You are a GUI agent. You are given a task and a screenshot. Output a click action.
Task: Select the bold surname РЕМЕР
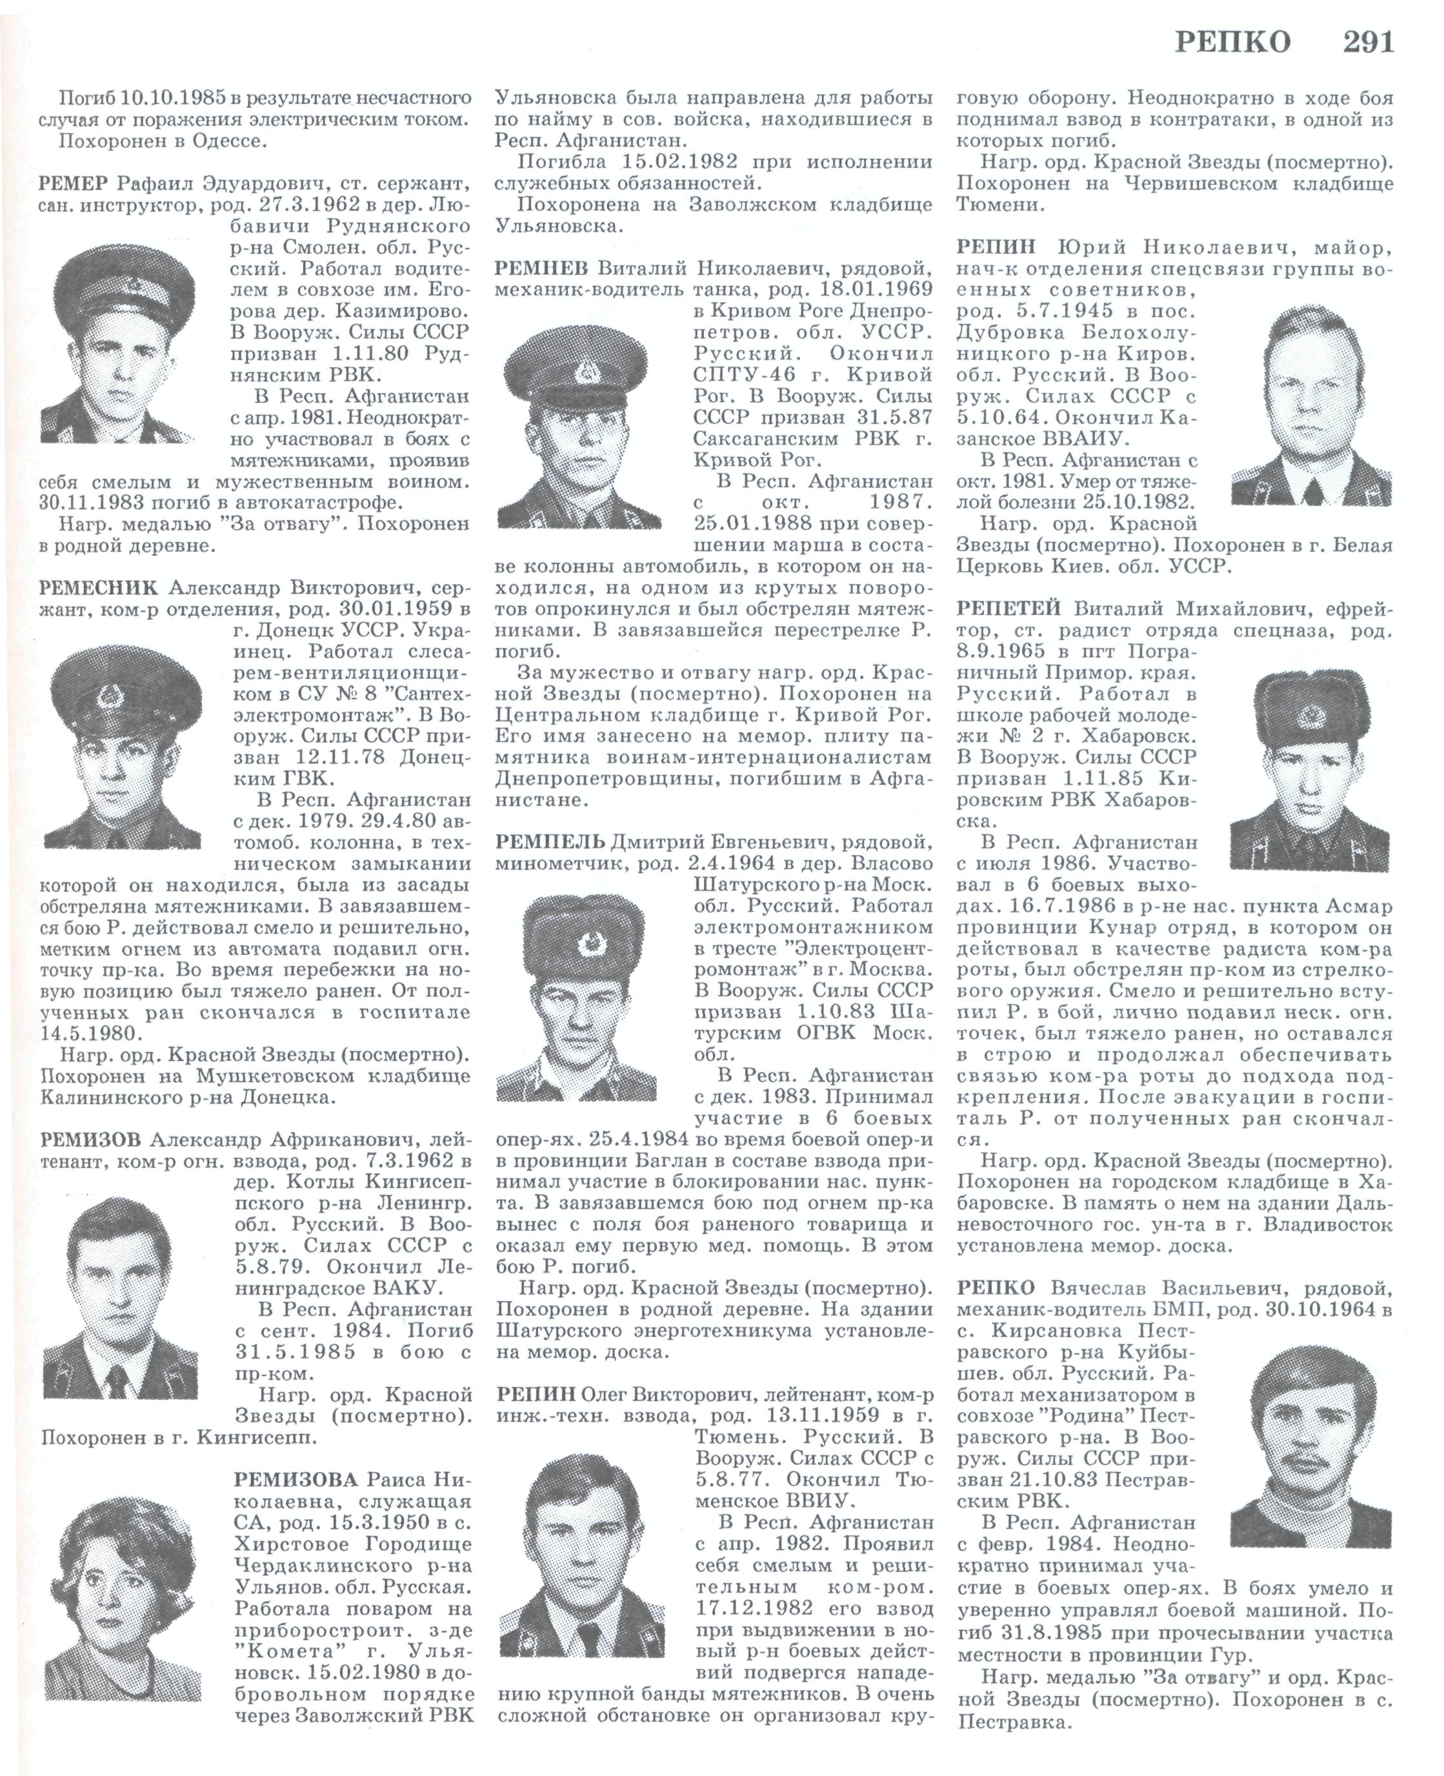(x=75, y=182)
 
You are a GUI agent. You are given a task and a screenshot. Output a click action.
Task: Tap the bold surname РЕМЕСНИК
(x=97, y=587)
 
